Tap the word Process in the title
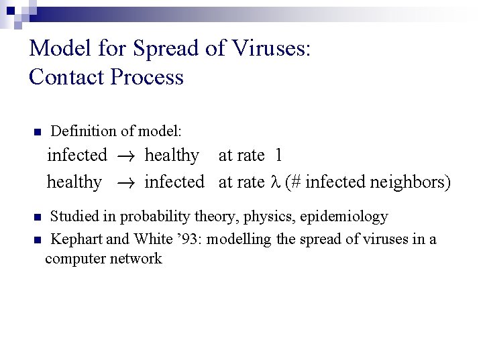[x=147, y=77]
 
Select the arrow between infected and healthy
[x=125, y=156]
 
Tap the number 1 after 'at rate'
[x=278, y=156]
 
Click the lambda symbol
[x=273, y=182]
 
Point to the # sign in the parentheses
[x=295, y=182]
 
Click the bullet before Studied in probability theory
[x=38, y=218]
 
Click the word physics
[x=272, y=217]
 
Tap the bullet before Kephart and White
[x=38, y=240]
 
